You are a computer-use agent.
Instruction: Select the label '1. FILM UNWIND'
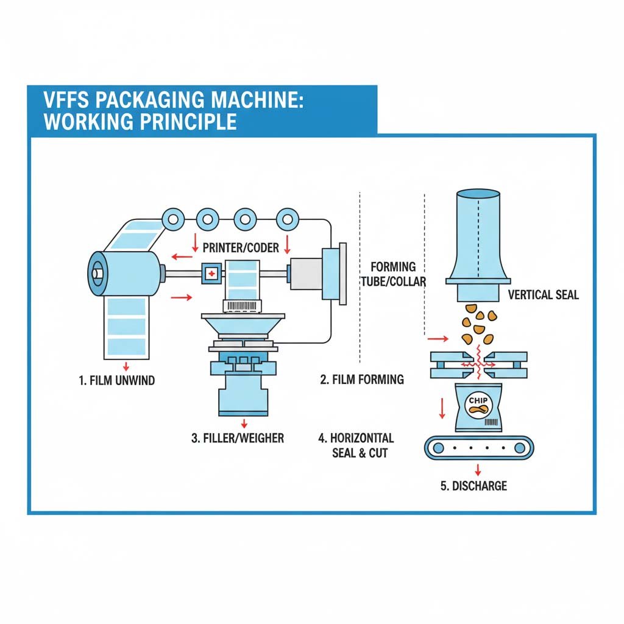117,381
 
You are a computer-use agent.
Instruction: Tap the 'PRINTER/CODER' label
241,247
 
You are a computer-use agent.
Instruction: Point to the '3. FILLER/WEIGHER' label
238,438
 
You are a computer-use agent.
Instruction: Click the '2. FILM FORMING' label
362,380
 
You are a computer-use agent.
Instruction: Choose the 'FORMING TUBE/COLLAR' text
393,274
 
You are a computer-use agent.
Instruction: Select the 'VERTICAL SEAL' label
543,295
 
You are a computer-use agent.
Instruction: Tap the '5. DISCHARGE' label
473,486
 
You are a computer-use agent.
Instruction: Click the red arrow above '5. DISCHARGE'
478,470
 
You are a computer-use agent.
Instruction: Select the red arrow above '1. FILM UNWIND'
126,366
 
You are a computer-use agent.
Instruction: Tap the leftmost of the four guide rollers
173,218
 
